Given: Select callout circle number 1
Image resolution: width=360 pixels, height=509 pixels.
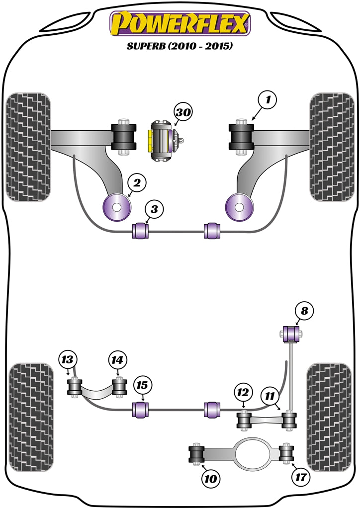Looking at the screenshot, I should pos(268,101).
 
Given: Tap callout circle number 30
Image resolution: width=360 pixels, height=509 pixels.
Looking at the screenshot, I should pos(183,113).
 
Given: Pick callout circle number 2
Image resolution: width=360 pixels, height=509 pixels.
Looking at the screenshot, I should pos(137,183).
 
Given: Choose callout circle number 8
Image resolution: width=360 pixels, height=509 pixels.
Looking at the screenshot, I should pos(304,312).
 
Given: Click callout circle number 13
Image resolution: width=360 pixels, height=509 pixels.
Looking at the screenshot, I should pos(68,359).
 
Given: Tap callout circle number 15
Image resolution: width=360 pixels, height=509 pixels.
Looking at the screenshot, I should pos(143,385).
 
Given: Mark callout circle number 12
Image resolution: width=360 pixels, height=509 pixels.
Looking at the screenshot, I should pos(242,393).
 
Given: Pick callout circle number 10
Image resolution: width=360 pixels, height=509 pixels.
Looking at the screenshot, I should pos(210,479).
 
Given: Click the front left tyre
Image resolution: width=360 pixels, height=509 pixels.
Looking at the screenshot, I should pos(29,147).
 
